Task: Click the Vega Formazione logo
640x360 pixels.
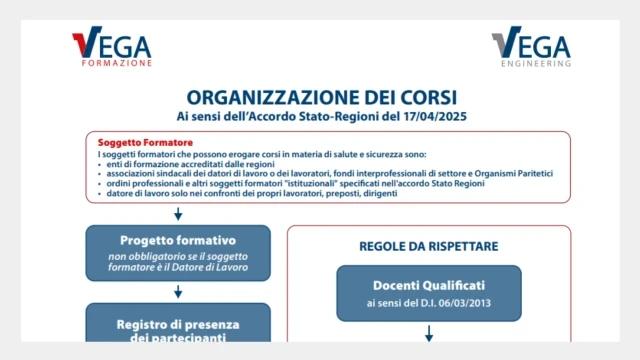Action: click(112, 47)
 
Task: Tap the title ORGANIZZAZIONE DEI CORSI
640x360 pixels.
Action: click(321, 97)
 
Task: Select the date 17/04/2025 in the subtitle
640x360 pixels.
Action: click(433, 117)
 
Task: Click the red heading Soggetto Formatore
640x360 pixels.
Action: click(146, 143)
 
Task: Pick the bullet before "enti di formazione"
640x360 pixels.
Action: click(101, 163)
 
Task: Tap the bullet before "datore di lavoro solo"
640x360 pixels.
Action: click(101, 193)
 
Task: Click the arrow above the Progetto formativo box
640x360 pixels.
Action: click(178, 213)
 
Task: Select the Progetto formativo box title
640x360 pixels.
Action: click(178, 240)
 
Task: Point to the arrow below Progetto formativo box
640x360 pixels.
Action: click(178, 292)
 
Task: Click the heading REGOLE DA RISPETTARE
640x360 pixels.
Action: click(428, 245)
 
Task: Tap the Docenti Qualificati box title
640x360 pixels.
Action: click(428, 286)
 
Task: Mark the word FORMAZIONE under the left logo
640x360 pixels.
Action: click(117, 62)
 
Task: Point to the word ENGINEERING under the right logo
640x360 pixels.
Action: click(540, 63)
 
